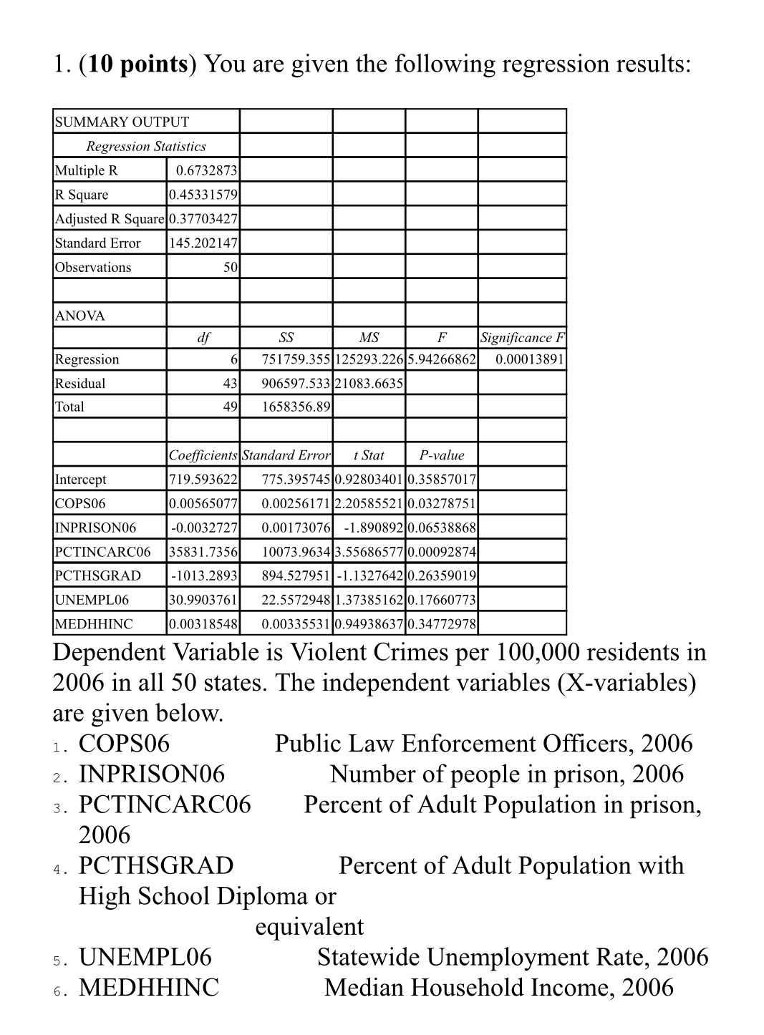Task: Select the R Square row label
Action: tap(82, 195)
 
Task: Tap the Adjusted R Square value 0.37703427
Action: tap(203, 219)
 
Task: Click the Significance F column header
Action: tap(522, 338)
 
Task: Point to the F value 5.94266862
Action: tap(441, 359)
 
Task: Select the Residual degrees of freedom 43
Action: tap(229, 384)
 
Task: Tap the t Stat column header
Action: tap(369, 455)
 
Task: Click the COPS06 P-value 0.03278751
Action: tap(441, 504)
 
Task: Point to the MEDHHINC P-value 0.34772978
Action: tap(441, 624)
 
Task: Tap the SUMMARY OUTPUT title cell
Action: tap(122, 122)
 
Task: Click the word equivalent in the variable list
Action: tap(309, 926)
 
